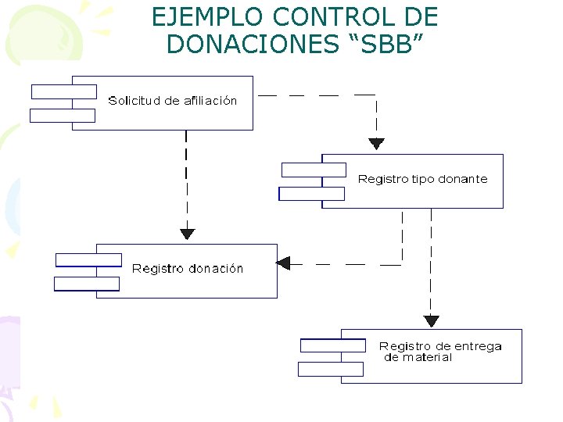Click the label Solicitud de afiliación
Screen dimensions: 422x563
click(172, 100)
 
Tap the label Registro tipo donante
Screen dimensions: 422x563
click(422, 179)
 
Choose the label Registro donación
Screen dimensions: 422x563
click(188, 269)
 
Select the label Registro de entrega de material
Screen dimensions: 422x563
click(439, 352)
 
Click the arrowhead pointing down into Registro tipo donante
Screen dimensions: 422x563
click(376, 144)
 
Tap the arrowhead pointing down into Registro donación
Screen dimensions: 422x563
click(187, 233)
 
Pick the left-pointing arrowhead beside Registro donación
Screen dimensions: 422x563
click(283, 263)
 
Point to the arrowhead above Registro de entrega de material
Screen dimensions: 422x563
click(431, 320)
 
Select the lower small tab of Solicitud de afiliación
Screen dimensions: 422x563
click(62, 116)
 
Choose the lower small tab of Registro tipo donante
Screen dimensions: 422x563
click(311, 194)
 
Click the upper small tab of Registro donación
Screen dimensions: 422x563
click(88, 259)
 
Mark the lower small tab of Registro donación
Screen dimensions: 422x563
click(87, 284)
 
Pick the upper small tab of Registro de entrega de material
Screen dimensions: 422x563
click(333, 345)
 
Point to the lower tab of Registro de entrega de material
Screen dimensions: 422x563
click(331, 369)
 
